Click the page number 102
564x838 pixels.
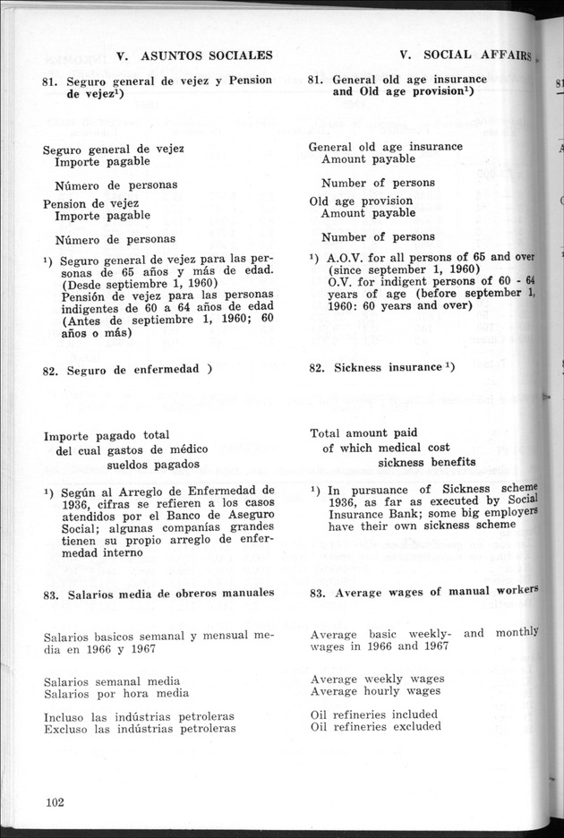pos(55,801)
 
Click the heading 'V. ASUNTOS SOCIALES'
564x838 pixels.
pos(194,56)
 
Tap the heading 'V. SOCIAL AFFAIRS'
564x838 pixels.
pos(466,55)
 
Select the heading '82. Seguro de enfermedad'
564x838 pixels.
pos(126,369)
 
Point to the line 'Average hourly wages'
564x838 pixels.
pos(376,691)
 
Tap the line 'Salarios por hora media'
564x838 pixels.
pos(116,694)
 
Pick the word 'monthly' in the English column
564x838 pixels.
pos(517,632)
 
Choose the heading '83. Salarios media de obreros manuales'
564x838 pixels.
pos(158,593)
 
